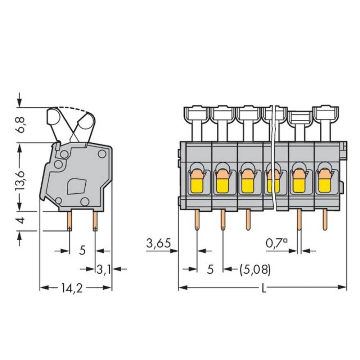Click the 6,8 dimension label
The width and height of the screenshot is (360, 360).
pyautogui.click(x=22, y=124)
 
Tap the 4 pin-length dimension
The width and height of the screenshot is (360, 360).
pyautogui.click(x=22, y=220)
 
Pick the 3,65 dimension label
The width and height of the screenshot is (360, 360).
pyautogui.click(x=158, y=244)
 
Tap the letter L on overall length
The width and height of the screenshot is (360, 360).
pyautogui.click(x=264, y=288)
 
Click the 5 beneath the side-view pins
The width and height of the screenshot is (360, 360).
pyautogui.click(x=82, y=250)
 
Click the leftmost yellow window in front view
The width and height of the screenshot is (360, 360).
pyautogui.click(x=196, y=185)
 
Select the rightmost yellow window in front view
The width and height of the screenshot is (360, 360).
pyautogui.click(x=325, y=185)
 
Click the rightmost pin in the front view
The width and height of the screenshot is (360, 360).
pyautogui.click(x=325, y=220)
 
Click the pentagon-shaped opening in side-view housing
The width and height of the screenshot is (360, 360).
pyautogui.click(x=76, y=186)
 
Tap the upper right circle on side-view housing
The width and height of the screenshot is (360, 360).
pyautogui.click(x=102, y=154)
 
